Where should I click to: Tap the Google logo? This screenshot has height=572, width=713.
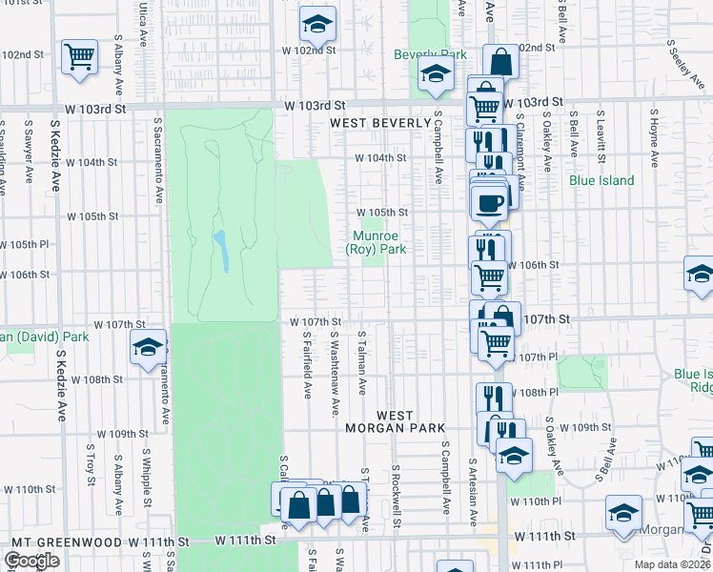(x=31, y=561)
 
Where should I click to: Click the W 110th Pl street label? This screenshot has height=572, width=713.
(x=530, y=500)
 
